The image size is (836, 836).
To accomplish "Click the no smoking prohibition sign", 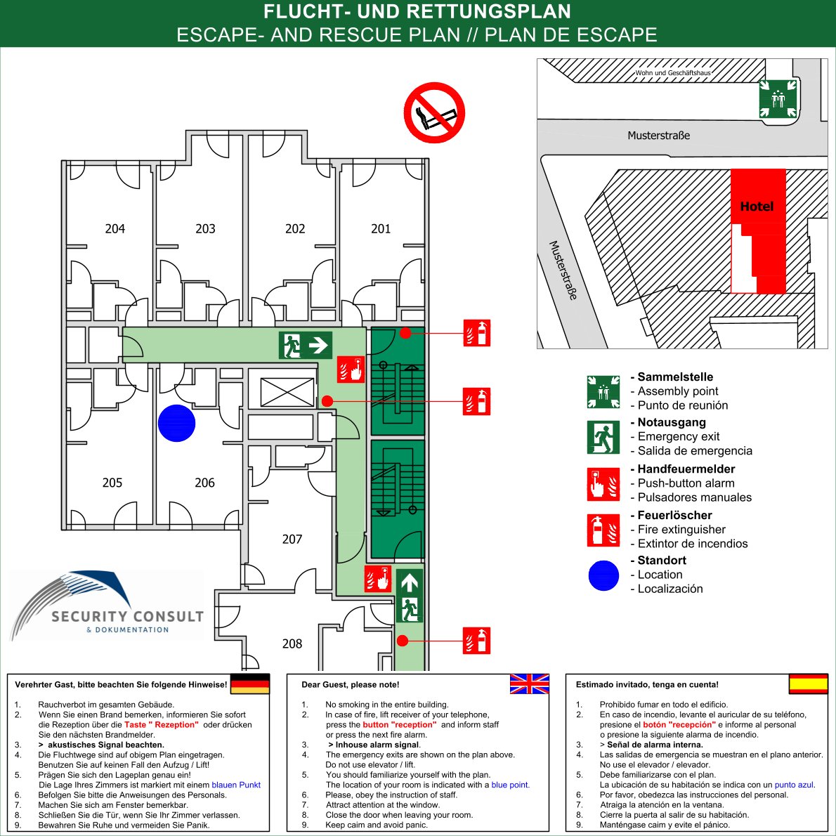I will pos(434,112).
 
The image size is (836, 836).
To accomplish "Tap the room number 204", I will pos(115,228).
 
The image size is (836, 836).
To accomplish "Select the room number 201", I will pos(381,228).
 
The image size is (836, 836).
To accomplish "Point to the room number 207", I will pos(292,539).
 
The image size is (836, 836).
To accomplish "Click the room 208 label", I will pos(292,644).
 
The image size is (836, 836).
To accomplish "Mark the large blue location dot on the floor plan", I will pos(176,424).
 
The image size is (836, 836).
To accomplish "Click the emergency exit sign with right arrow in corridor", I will pos(306,345).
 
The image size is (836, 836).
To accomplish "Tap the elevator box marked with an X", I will pos(287,392).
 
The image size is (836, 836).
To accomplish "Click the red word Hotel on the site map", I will pos(757,207).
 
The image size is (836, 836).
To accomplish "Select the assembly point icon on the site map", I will pos(776,99).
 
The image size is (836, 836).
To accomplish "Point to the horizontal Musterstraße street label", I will pos(658,135).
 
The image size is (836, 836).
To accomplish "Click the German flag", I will pos(250,684).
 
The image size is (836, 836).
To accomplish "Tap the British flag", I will pos(529,684).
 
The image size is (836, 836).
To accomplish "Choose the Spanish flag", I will pos(808,684).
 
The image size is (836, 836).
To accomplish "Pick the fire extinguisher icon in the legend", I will pos(603,530).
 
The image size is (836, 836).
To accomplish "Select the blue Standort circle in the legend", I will pos(603,575).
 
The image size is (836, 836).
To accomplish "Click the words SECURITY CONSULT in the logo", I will pos(127,616).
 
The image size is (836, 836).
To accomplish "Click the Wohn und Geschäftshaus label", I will pos(672,72).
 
